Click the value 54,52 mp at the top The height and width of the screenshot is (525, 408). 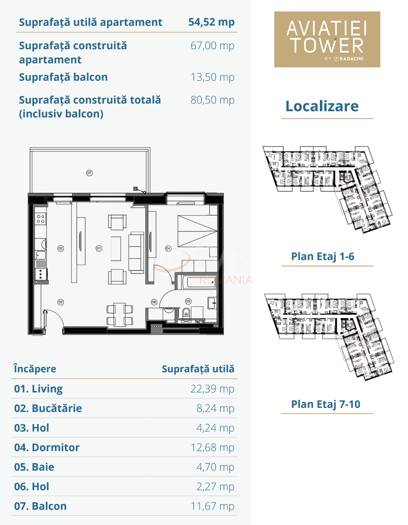tap(211, 22)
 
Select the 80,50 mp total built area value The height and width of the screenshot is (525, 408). tap(212, 100)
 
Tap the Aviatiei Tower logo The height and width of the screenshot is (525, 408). tap(327, 39)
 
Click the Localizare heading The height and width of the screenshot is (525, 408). tap(322, 106)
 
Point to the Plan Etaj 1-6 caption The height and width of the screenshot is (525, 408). tap(322, 256)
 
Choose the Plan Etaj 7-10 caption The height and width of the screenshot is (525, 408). tap(325, 404)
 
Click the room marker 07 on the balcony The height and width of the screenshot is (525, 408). tap(89, 173)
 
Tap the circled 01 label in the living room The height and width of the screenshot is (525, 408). tap(99, 248)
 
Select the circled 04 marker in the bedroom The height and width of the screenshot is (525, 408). tap(168, 248)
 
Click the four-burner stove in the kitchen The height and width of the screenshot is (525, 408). tap(41, 219)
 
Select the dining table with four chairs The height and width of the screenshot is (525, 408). tap(120, 315)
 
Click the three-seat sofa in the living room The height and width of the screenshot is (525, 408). tap(136, 252)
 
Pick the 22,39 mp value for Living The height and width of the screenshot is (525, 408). tap(212, 389)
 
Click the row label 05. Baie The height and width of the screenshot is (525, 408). tap(34, 467)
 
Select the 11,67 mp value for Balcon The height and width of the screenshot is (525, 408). tap(212, 506)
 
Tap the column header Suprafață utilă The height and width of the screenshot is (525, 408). tap(198, 369)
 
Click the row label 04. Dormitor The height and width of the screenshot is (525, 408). tap(47, 448)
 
